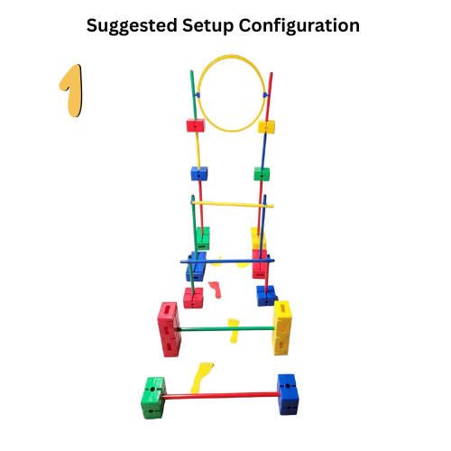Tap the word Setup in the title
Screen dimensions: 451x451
click(x=207, y=26)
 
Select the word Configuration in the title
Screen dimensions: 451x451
click(x=299, y=26)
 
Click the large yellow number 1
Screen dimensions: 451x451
click(x=71, y=90)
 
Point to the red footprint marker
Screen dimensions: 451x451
click(x=215, y=290)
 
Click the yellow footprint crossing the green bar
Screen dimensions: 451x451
click(x=234, y=330)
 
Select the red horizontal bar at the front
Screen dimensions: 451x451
click(x=221, y=395)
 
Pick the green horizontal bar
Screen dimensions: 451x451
click(x=226, y=329)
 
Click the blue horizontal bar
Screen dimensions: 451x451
click(x=227, y=261)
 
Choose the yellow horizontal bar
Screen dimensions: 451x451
click(x=232, y=205)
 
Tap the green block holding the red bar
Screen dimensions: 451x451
click(x=153, y=398)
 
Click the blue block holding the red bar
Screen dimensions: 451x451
click(x=288, y=394)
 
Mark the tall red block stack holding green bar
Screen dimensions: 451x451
click(x=169, y=329)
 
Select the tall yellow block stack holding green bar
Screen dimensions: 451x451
click(x=281, y=327)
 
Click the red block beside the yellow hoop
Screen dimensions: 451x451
click(x=196, y=125)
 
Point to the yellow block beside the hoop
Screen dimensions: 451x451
click(x=266, y=126)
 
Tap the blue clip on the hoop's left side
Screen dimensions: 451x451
click(x=197, y=96)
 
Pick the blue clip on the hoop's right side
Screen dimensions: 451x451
click(x=266, y=96)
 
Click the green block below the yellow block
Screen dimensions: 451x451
click(x=262, y=174)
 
